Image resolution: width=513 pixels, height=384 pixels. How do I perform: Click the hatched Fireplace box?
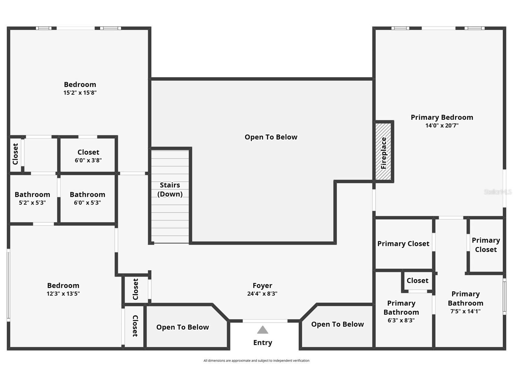click(383, 152)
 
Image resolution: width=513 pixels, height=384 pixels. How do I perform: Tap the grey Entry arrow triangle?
click(262, 330)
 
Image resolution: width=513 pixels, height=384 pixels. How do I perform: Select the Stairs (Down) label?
click(170, 190)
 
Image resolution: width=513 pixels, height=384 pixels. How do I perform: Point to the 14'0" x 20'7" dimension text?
click(442, 126)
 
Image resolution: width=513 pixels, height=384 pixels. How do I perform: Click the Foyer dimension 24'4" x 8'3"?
click(262, 294)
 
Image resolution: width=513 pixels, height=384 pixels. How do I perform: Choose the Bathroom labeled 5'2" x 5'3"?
click(32, 198)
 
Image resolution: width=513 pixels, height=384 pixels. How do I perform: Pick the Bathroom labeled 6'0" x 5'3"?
click(87, 198)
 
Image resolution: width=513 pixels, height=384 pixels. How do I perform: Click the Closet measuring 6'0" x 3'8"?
click(88, 156)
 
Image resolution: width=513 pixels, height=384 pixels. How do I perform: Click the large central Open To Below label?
click(271, 137)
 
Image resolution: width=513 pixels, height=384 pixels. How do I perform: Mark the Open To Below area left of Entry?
click(183, 327)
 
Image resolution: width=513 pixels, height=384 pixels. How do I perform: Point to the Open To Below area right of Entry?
click(337, 324)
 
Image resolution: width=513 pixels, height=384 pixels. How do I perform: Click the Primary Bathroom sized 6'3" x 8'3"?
click(401, 311)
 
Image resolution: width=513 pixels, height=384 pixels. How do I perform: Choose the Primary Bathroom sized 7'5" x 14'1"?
click(465, 302)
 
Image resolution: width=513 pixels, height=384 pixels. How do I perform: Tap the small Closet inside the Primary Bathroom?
click(417, 281)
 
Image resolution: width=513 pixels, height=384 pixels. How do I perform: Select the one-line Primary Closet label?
click(403, 244)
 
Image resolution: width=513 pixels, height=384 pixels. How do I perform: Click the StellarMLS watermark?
click(498, 192)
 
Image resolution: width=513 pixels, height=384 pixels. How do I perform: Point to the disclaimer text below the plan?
click(256, 361)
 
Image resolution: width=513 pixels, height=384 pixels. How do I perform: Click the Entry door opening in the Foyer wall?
click(265, 321)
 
